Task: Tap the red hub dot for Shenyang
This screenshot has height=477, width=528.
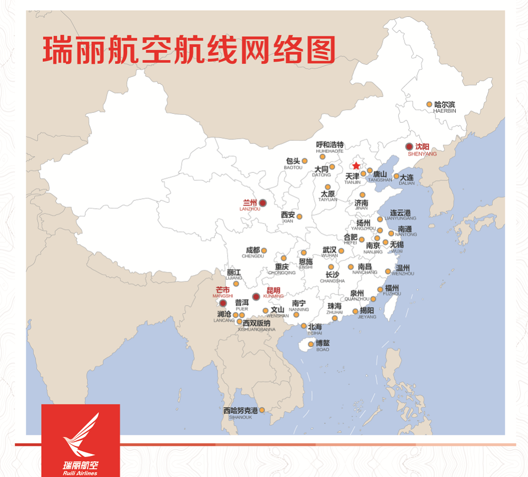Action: click(409, 147)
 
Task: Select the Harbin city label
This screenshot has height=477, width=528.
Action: click(444, 106)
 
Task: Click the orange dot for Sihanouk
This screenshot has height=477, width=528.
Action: click(261, 410)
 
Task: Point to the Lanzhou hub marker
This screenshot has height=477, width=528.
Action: click(262, 202)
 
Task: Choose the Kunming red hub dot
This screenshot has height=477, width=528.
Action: click(256, 296)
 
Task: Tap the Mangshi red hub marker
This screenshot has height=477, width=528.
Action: click(223, 303)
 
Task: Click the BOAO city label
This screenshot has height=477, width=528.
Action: click(322, 346)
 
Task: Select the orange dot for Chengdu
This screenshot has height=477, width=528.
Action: click(264, 250)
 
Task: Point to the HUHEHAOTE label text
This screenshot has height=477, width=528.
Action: click(329, 151)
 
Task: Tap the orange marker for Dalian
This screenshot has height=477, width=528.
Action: click(397, 176)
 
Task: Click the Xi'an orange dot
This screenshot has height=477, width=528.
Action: click(299, 216)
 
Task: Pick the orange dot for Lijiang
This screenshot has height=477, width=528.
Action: click(236, 284)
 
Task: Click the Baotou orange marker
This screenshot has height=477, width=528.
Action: click(305, 161)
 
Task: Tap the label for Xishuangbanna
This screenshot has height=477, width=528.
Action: click(257, 326)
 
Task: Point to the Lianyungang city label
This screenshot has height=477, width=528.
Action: click(400, 215)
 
